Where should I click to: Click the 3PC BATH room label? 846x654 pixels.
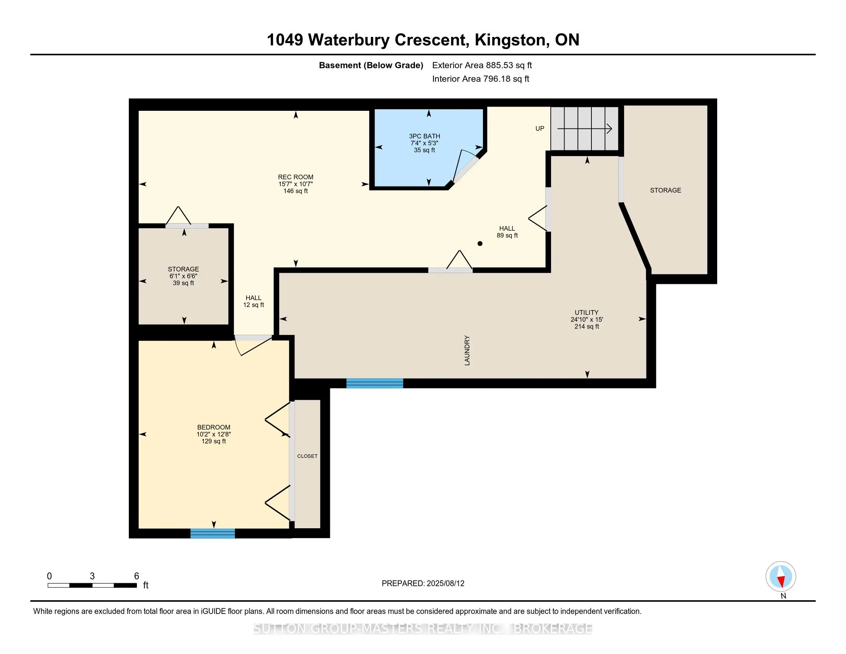tap(424, 136)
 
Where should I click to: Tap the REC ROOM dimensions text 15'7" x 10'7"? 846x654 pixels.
tap(295, 184)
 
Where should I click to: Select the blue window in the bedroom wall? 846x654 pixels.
tap(212, 533)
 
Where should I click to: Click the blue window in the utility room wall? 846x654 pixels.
tap(374, 383)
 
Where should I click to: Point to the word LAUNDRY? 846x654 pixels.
tap(467, 350)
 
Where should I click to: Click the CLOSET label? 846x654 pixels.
tap(307, 456)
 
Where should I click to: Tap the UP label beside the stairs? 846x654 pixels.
tap(540, 128)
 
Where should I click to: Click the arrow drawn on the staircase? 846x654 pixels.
tap(585, 128)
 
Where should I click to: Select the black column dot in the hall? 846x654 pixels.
tap(480, 244)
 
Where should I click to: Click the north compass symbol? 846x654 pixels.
tap(781, 577)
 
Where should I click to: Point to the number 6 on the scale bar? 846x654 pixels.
tap(137, 576)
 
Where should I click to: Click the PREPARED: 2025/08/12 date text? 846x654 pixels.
tap(423, 584)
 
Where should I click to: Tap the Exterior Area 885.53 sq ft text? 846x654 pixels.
tap(482, 65)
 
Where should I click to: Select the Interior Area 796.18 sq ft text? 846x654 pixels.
tap(480, 79)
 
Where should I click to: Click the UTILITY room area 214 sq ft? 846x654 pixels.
tap(586, 327)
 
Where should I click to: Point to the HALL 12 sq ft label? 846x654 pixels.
tap(253, 302)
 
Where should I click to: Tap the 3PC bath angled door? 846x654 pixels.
tap(465, 167)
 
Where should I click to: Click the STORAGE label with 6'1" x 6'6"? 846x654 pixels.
tap(183, 269)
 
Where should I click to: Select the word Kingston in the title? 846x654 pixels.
tap(511, 40)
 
